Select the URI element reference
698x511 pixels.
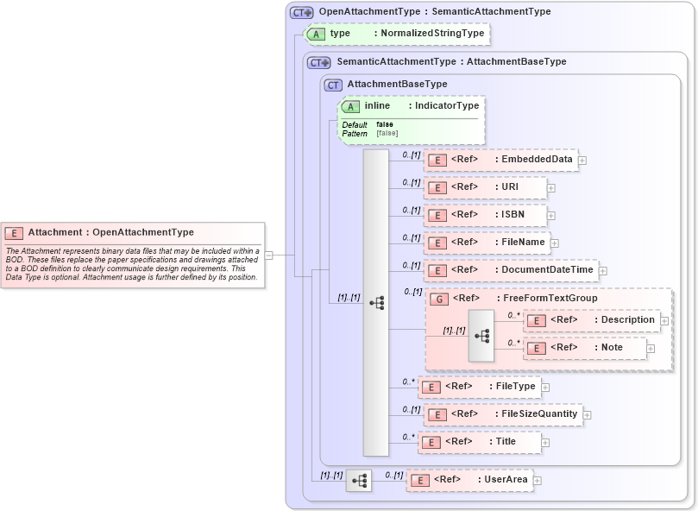(x=484, y=187)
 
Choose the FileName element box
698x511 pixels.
(x=487, y=243)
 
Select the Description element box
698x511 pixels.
(x=592, y=320)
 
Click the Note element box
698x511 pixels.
(x=585, y=348)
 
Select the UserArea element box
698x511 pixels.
(x=469, y=480)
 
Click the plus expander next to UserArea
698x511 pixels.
(x=538, y=480)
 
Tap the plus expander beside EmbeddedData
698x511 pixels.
(x=582, y=160)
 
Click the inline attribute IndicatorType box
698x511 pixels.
(x=412, y=106)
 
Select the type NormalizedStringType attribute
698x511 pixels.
(x=397, y=34)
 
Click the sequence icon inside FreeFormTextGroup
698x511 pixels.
(x=481, y=334)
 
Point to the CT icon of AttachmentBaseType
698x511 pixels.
(x=333, y=85)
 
